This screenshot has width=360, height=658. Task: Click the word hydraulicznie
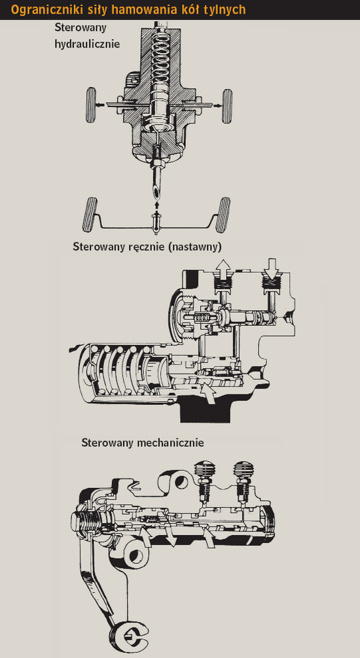click(87, 44)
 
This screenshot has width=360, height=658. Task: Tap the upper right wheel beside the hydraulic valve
click(227, 106)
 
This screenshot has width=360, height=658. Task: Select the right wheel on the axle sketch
click(222, 215)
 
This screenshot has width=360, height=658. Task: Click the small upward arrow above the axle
click(158, 205)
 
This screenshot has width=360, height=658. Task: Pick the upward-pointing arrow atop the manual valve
click(223, 266)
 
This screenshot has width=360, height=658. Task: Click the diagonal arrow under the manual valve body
click(209, 392)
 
